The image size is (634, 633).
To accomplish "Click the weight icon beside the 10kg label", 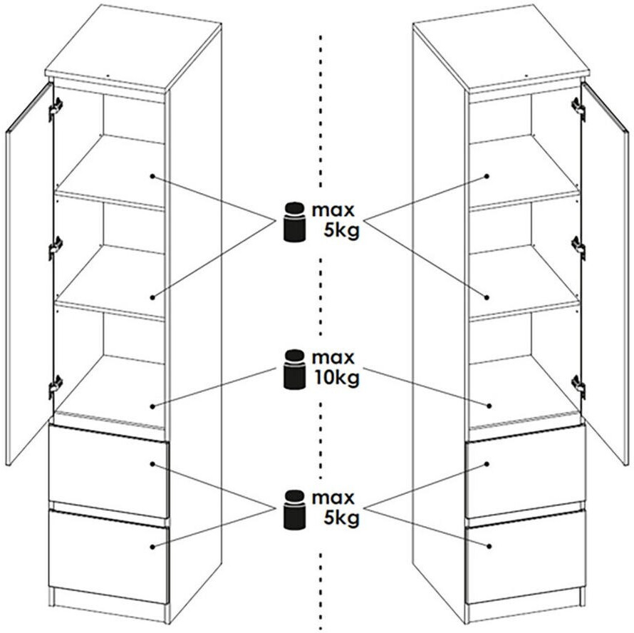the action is [x=294, y=369].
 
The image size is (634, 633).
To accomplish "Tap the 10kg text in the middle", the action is [x=336, y=378].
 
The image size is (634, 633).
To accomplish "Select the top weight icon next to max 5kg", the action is [x=294, y=222].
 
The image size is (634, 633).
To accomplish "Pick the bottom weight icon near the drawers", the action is [x=294, y=510].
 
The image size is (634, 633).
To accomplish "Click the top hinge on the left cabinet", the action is [x=56, y=107].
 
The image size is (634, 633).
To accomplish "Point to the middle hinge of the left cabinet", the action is [x=56, y=247].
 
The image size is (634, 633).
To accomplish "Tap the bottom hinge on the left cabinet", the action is [x=56, y=386].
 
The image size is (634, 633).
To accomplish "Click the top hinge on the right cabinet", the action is [x=578, y=108].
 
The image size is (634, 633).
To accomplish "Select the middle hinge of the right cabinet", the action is [x=578, y=247].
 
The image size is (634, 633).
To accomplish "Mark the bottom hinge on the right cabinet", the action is [x=578, y=386].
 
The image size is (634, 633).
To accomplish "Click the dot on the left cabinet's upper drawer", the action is [x=152, y=464].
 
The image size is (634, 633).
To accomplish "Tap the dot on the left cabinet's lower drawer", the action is [x=152, y=546].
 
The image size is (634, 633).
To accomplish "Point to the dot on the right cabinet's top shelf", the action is [x=487, y=177].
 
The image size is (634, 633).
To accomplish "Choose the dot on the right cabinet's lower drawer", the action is [x=489, y=546].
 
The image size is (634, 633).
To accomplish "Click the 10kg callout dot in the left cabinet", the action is [x=152, y=406].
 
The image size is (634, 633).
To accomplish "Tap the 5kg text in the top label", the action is [x=341, y=231].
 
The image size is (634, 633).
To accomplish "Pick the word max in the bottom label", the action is [x=333, y=498].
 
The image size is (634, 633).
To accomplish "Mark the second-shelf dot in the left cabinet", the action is [x=152, y=297].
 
